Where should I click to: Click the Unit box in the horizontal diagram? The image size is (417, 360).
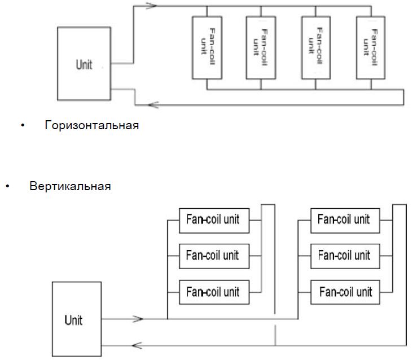[84, 64]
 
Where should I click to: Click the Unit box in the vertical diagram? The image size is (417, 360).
[77, 319]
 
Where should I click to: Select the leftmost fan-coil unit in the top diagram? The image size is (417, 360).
[207, 48]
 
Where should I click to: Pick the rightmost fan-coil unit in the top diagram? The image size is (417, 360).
[371, 48]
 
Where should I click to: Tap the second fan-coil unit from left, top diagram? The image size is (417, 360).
[261, 48]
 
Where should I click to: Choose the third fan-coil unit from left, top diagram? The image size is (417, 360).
[316, 48]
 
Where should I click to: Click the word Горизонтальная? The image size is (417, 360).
[92, 125]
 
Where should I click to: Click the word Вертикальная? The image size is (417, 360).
[70, 186]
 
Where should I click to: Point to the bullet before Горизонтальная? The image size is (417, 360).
[23, 125]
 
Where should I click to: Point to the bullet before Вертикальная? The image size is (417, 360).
[7, 186]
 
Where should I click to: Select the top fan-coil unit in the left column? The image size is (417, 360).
[214, 221]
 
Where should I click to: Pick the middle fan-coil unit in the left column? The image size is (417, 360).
[214, 256]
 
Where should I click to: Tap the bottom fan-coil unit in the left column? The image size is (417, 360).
[214, 292]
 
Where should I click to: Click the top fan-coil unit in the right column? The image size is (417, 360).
[345, 221]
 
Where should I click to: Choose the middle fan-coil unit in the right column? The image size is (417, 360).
[345, 256]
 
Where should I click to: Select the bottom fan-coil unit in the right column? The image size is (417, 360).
[345, 292]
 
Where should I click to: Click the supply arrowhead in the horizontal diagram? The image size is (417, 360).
[152, 6]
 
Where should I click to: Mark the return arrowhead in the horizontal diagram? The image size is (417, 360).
[153, 105]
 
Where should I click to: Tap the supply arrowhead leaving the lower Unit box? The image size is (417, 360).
[138, 318]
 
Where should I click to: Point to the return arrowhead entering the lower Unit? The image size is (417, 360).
[137, 345]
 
